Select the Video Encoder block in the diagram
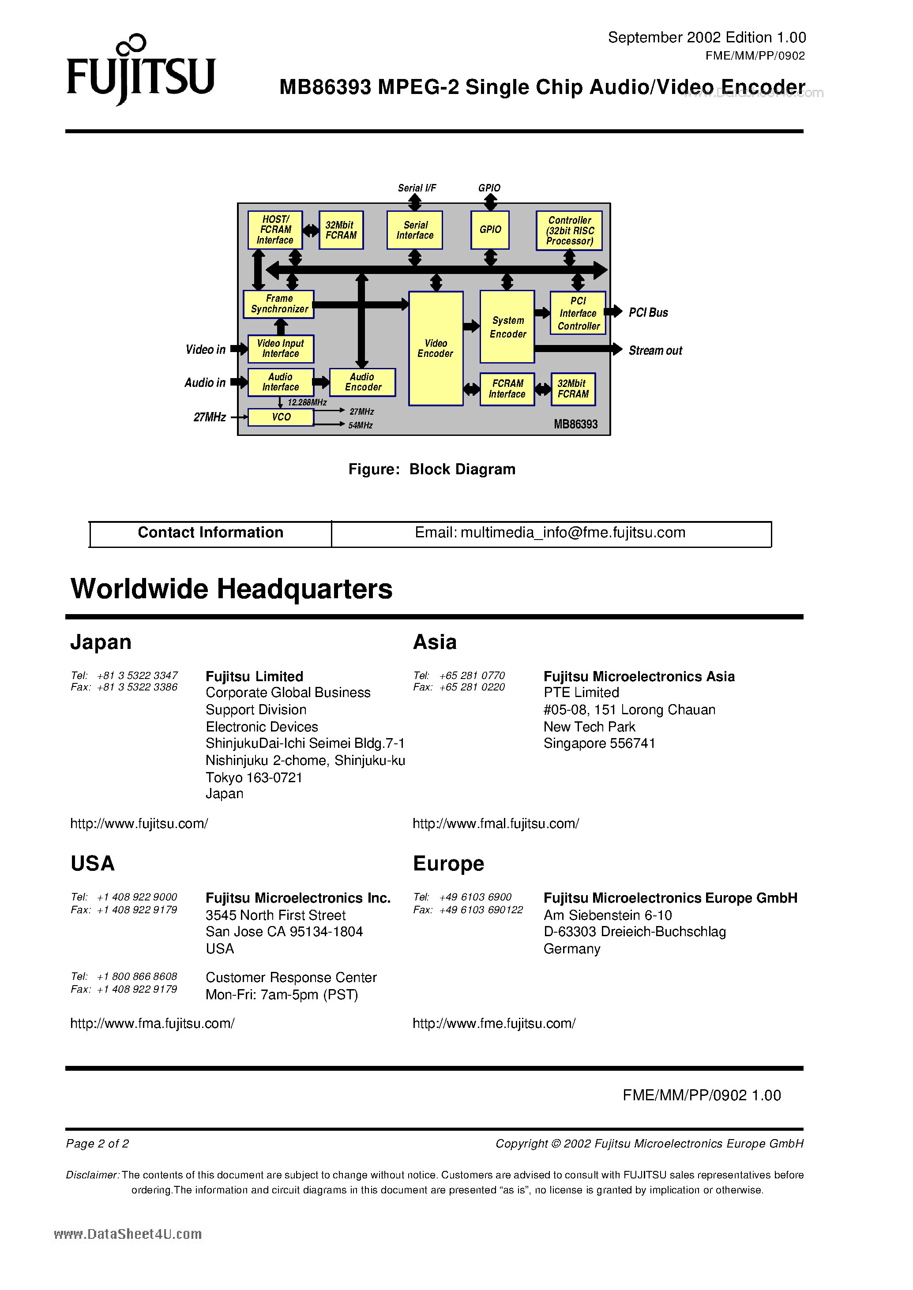(x=436, y=349)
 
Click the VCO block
(x=281, y=417)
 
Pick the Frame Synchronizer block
(x=279, y=304)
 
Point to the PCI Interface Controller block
(x=578, y=313)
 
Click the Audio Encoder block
(x=363, y=382)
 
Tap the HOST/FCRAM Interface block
(x=275, y=230)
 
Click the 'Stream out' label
(x=655, y=351)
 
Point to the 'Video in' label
(x=205, y=349)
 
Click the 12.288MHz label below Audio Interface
(x=307, y=402)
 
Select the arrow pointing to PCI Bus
(x=613, y=311)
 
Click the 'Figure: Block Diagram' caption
(x=432, y=469)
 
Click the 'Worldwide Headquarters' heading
(x=232, y=589)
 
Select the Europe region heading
(x=448, y=863)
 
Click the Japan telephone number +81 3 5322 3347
(x=137, y=675)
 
